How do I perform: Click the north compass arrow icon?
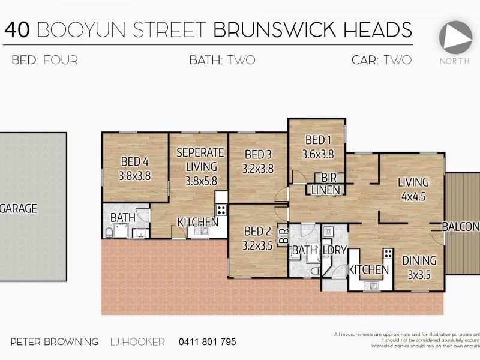pos(455,37)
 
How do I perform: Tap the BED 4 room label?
pos(135,169)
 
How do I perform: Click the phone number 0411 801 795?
pos(207,342)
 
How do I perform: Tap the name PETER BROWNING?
pos(55,342)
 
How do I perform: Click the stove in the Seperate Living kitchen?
pos(221,210)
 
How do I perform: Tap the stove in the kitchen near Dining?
pos(387,254)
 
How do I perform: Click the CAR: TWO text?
pos(382,60)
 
